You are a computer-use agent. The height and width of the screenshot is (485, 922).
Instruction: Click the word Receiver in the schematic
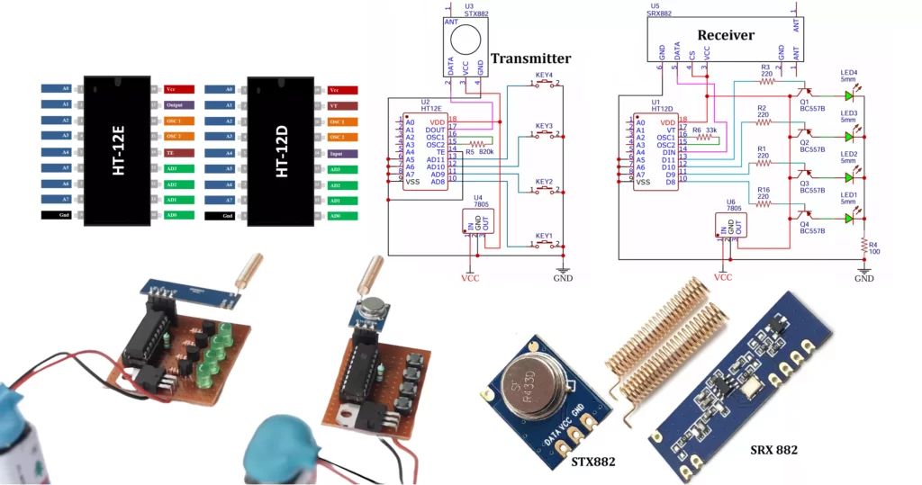726,35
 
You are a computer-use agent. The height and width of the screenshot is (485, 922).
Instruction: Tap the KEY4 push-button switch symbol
544,85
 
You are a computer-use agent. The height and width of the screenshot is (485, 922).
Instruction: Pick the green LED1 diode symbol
848,218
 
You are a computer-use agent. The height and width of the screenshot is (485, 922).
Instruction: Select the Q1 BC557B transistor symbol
804,91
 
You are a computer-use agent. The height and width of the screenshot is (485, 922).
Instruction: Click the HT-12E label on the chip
119,152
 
